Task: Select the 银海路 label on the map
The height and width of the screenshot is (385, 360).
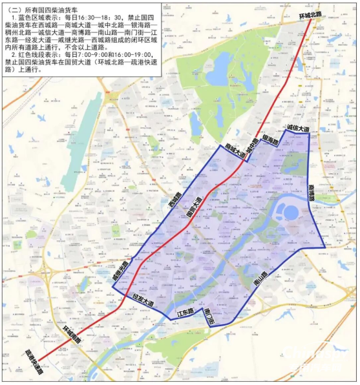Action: point(270,141)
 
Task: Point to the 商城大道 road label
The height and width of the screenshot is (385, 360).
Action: point(235,150)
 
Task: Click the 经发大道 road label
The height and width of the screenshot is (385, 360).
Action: point(142,300)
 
